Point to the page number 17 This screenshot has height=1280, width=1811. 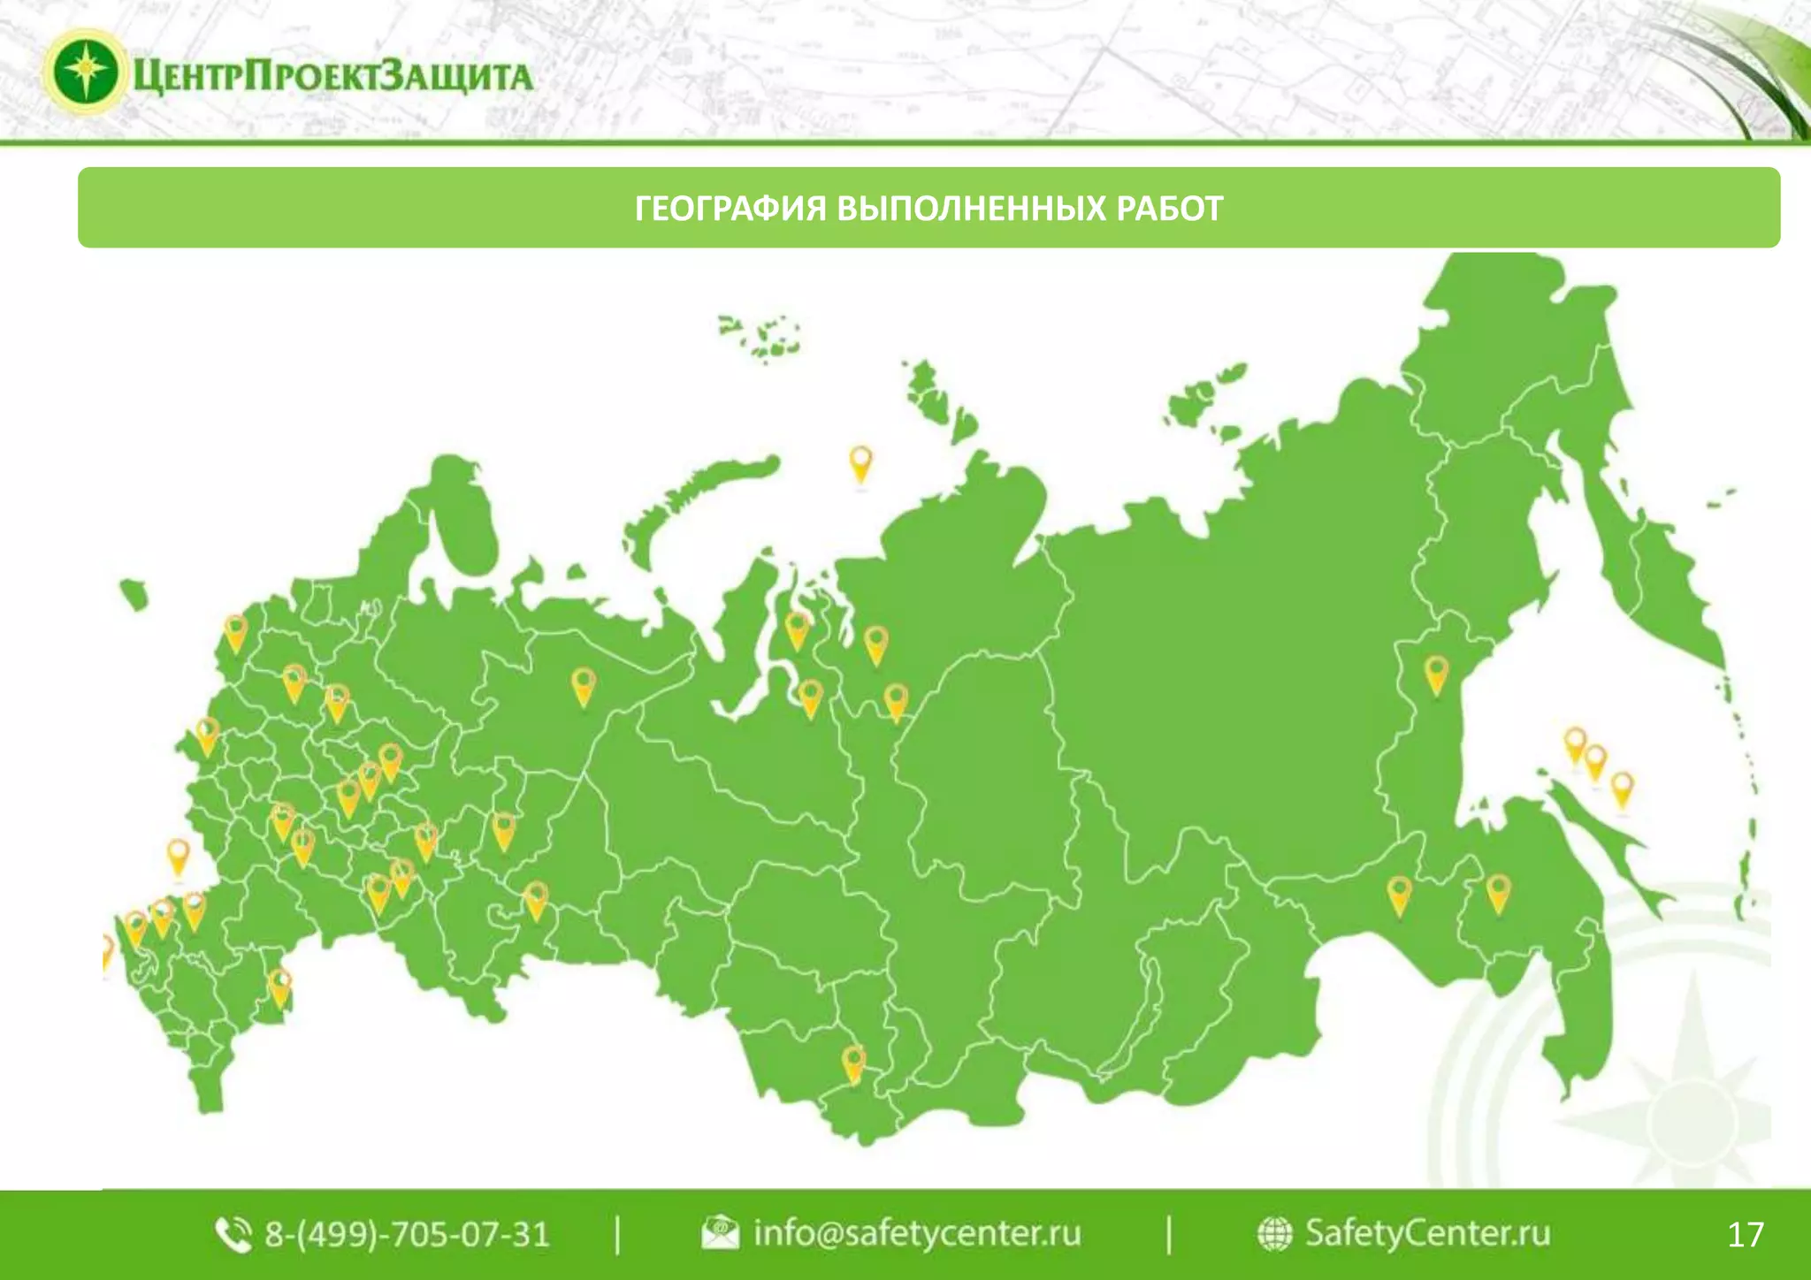1745,1234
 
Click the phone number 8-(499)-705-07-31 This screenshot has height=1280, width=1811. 407,1234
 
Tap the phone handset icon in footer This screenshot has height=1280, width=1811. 233,1235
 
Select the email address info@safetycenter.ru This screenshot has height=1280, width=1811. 916,1233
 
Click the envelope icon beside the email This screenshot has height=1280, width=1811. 720,1233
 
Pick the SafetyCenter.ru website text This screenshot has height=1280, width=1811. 1427,1233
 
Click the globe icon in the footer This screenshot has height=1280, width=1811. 1274,1234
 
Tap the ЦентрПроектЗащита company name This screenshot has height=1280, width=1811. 333,76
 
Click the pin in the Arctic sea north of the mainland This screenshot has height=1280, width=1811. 860,463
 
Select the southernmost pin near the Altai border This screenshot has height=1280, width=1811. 853,1063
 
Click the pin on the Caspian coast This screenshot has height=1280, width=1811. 279,987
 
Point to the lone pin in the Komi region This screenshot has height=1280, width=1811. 583,686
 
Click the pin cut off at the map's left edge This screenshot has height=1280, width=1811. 106,951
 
